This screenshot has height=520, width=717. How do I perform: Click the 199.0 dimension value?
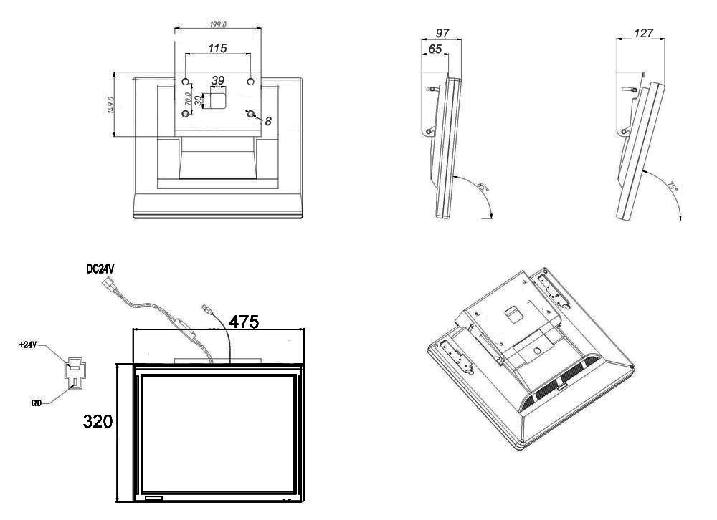(218, 24)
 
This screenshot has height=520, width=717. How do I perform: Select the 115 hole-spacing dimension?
(218, 48)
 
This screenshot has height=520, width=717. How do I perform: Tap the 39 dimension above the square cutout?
(218, 80)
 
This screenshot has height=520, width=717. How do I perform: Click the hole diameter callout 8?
(268, 122)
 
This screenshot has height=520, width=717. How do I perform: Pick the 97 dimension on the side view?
(442, 34)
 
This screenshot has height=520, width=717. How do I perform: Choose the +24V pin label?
(28, 345)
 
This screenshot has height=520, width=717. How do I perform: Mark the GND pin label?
(35, 404)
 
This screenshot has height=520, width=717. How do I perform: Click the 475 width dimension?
(244, 322)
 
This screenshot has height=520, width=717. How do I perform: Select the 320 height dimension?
(98, 420)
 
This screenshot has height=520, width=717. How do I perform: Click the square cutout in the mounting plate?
(216, 100)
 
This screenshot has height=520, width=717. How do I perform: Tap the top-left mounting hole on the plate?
(185, 82)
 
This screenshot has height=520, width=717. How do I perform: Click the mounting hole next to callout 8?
(250, 114)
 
